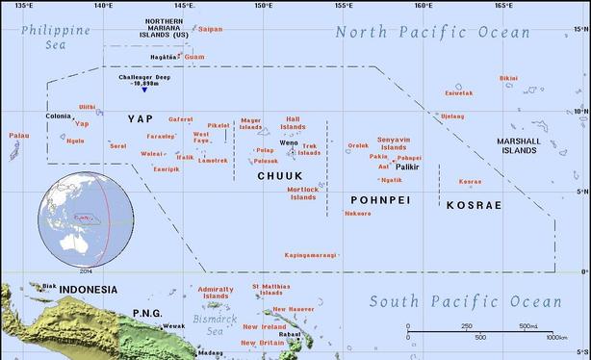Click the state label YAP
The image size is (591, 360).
coord(140,118)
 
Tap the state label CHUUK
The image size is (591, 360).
coord(279,176)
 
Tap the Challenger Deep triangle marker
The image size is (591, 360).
coord(143,90)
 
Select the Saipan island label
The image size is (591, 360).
coord(209,29)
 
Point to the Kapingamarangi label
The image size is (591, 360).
coord(311,255)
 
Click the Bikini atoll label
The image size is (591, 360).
coord(508,78)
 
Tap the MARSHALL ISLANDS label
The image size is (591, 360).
coord(518,146)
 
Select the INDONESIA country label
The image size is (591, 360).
coord(88,290)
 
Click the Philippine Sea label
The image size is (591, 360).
coord(56,37)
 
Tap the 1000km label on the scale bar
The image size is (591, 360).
coord(556,337)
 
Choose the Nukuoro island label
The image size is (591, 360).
coord(357,213)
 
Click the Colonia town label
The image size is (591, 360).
coord(58,116)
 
